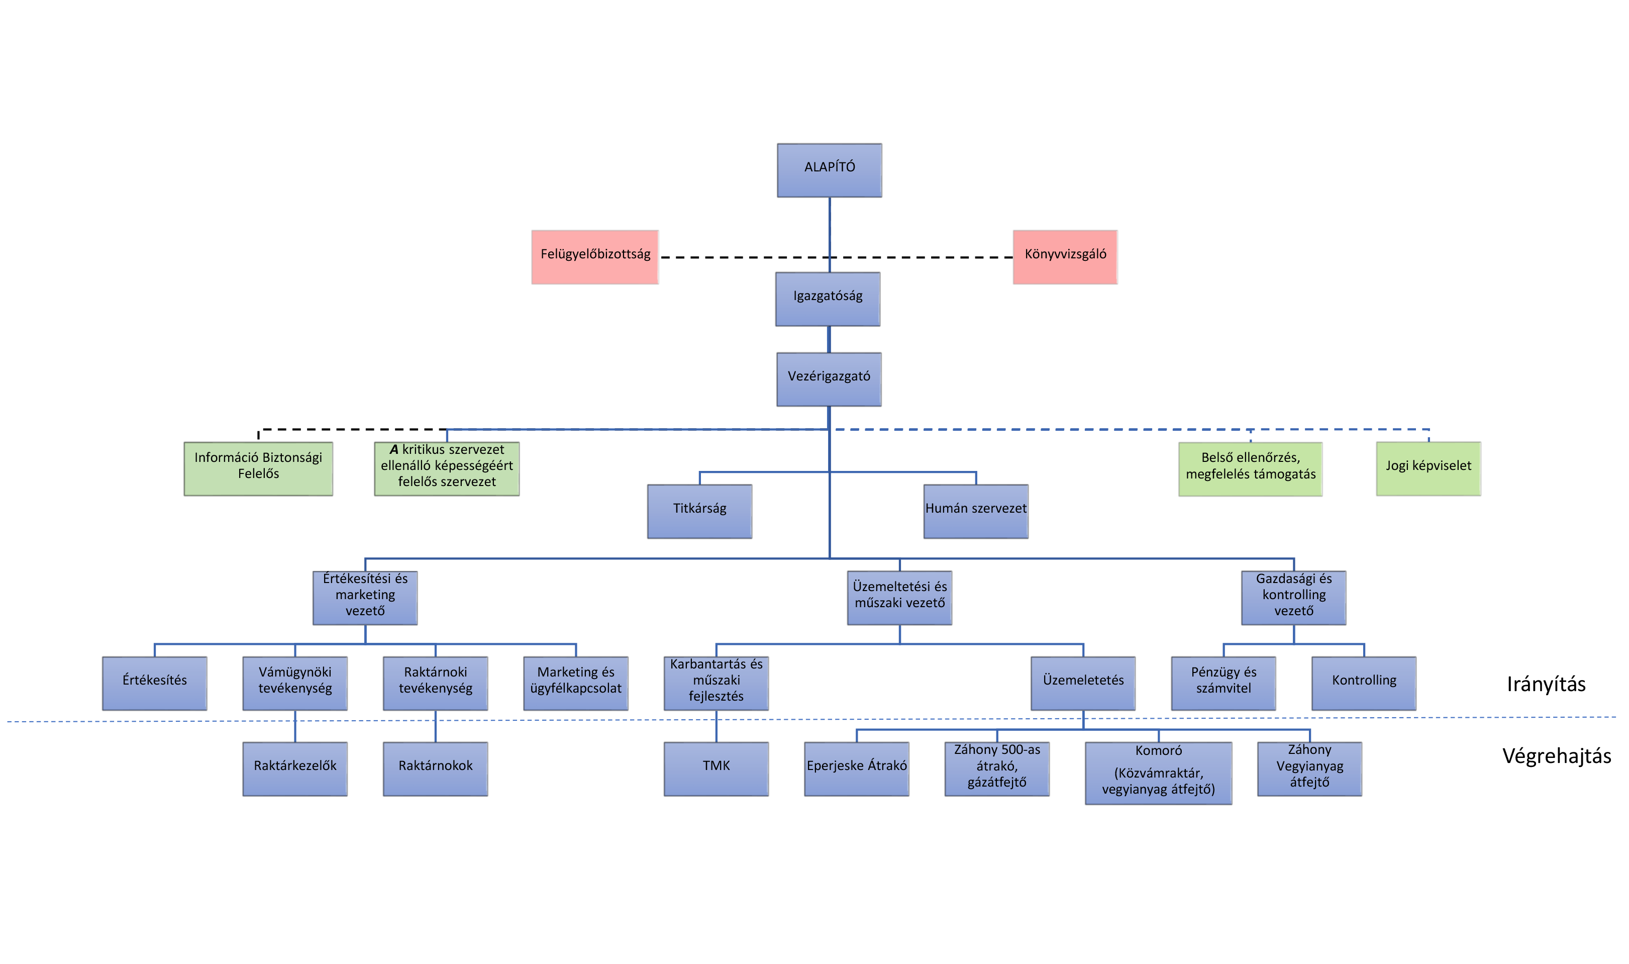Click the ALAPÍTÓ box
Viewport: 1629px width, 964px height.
[x=829, y=170]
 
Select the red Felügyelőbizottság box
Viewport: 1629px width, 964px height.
[x=595, y=257]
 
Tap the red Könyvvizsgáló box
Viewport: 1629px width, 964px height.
[x=1065, y=257]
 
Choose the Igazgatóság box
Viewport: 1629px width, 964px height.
[x=828, y=299]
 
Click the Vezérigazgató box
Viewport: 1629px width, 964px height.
[x=829, y=379]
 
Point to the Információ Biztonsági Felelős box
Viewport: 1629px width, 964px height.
[x=258, y=468]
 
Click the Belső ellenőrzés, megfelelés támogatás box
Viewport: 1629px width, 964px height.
[x=1250, y=469]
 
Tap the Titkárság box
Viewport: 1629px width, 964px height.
[x=699, y=511]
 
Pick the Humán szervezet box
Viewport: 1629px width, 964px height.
[x=975, y=511]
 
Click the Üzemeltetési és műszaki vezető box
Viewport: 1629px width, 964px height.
[x=899, y=597]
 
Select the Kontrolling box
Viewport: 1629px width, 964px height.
[x=1364, y=683]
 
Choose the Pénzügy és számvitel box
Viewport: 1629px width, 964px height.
[x=1223, y=683]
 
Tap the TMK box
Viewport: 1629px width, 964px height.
[x=716, y=768]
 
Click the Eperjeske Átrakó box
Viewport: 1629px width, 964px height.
[x=856, y=768]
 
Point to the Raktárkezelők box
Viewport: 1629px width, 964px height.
[x=295, y=768]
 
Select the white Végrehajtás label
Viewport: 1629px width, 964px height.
[x=1556, y=757]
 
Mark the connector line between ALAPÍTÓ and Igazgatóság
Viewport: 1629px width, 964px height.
[x=829, y=235]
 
